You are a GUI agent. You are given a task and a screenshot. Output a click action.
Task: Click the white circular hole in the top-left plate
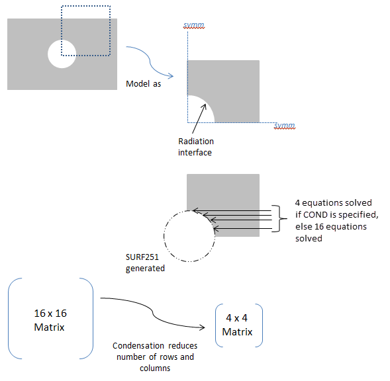(62, 54)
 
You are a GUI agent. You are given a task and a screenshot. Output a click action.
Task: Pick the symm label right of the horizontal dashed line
(285, 124)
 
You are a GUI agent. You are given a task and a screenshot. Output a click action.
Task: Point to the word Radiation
(196, 142)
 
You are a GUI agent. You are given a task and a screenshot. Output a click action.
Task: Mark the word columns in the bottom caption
(154, 368)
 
